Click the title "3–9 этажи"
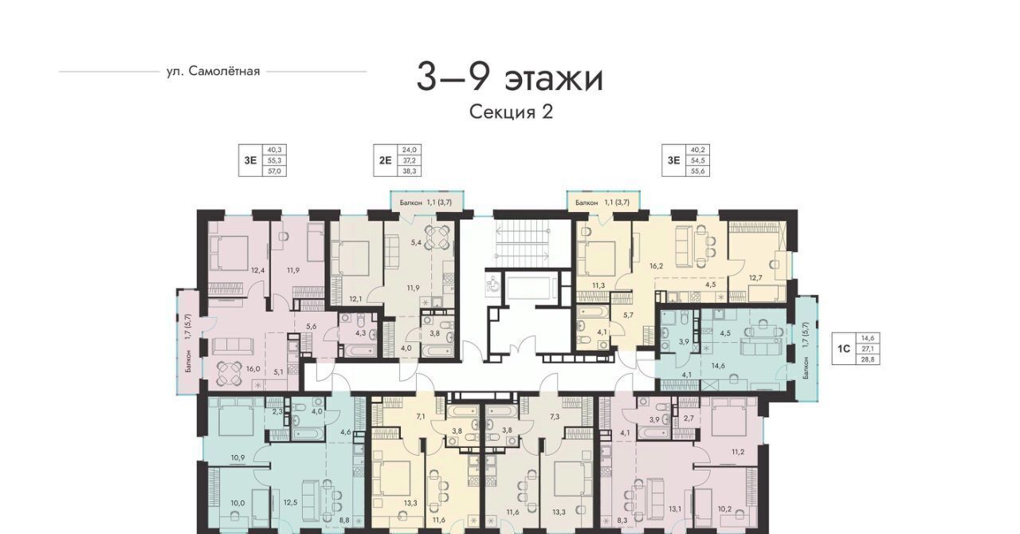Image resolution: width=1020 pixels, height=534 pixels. (x=509, y=79)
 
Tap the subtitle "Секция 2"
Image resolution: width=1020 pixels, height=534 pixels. (x=511, y=112)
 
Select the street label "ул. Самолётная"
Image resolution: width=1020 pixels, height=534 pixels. (x=213, y=72)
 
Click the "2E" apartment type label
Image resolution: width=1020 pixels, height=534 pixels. (x=385, y=160)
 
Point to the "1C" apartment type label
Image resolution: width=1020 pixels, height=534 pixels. (x=844, y=349)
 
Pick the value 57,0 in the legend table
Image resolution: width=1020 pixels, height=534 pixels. (x=275, y=171)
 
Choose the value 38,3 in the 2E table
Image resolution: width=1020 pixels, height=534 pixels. (x=410, y=171)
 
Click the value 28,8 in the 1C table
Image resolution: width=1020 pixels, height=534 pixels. (x=868, y=359)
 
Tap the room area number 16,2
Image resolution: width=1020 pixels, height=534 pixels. (x=656, y=266)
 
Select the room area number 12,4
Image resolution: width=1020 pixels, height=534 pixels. (x=257, y=270)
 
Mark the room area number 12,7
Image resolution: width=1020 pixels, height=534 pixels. (x=755, y=277)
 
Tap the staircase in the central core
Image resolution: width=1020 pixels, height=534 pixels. (x=522, y=244)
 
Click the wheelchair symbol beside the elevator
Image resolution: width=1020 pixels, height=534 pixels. (x=492, y=285)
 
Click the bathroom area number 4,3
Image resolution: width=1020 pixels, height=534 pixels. (x=361, y=333)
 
